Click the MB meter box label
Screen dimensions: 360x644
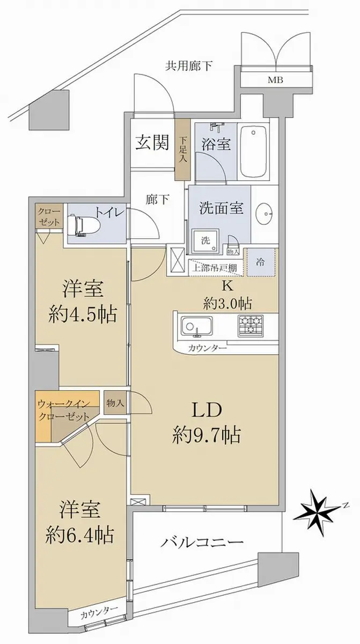click(x=276, y=80)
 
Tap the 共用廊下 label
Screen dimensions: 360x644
click(x=189, y=66)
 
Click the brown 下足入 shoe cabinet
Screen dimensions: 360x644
click(x=183, y=150)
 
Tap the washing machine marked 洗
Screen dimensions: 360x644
click(x=205, y=241)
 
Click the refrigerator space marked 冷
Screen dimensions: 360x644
click(x=261, y=262)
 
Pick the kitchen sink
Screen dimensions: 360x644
click(x=196, y=326)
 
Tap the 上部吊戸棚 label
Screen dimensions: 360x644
click(x=214, y=268)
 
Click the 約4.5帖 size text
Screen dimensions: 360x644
click(x=83, y=314)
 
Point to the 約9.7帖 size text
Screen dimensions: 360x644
click(x=206, y=435)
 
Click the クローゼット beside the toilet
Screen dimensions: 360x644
click(x=49, y=216)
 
